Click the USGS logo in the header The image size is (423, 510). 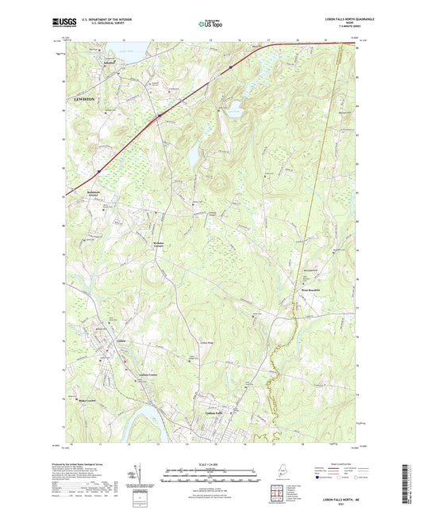click(x=63, y=22)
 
